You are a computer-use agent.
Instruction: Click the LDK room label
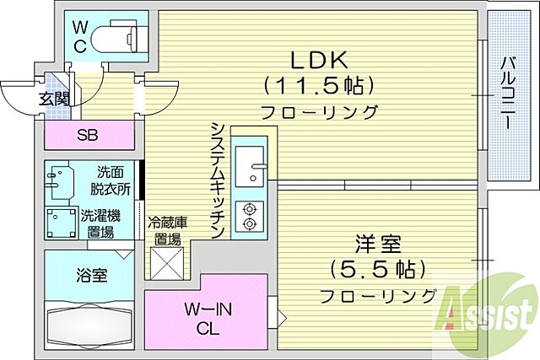[319, 60]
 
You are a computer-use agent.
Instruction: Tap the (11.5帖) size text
[319, 85]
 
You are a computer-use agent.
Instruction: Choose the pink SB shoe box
[88, 134]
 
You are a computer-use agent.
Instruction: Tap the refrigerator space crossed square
[166, 263]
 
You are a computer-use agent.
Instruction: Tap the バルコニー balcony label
[509, 93]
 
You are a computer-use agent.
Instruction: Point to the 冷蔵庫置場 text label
[166, 230]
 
